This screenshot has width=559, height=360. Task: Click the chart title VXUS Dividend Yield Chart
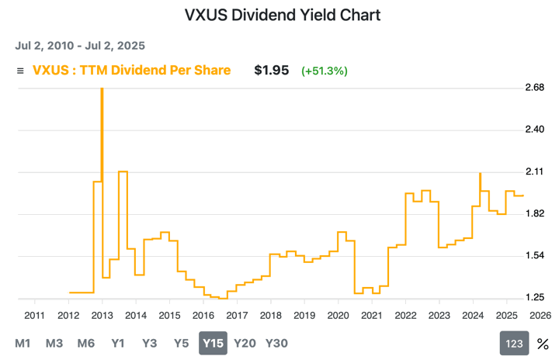click(x=283, y=15)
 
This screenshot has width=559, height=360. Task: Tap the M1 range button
click(x=23, y=343)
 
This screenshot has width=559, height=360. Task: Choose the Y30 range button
click(x=276, y=343)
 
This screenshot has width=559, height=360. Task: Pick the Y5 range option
click(x=180, y=343)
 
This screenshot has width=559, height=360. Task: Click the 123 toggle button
click(x=513, y=344)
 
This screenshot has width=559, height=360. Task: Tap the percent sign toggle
click(x=543, y=344)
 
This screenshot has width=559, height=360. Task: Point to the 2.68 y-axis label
click(x=535, y=87)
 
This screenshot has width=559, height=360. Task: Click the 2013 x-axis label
click(x=102, y=315)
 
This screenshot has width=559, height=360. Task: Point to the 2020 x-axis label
click(x=338, y=315)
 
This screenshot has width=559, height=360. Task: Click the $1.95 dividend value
click(x=272, y=70)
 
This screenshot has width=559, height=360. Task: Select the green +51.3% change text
click(x=325, y=71)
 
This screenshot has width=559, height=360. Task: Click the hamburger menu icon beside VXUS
click(x=20, y=71)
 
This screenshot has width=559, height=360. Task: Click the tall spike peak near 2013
click(x=102, y=90)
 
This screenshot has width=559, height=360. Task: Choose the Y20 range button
click(x=245, y=343)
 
